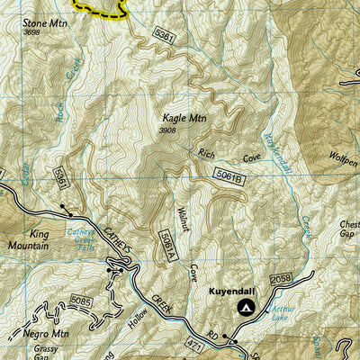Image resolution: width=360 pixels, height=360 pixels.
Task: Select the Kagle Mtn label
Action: click(x=182, y=118)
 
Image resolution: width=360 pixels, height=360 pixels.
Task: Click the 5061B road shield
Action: click(x=229, y=175)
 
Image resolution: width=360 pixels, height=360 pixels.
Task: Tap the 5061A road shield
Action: click(x=166, y=244)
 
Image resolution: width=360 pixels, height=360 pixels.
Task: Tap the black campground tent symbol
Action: click(x=245, y=308)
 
